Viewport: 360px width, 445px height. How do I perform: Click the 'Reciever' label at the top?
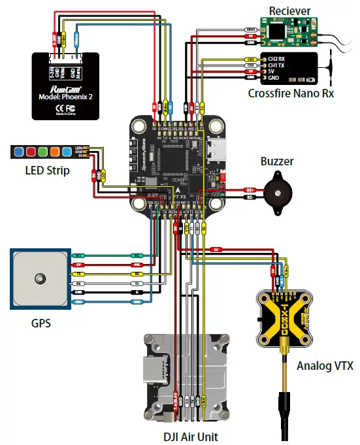pyautogui.click(x=290, y=10)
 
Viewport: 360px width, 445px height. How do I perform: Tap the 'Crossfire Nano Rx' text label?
pyautogui.click(x=291, y=93)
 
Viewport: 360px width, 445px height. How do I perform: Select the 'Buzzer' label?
pyautogui.click(x=277, y=161)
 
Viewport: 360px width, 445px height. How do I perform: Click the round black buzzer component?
pyautogui.click(x=277, y=191)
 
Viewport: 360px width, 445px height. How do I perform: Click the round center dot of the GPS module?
pyautogui.click(x=39, y=278)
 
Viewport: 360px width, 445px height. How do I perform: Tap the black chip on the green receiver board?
pyautogui.click(x=277, y=29)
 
